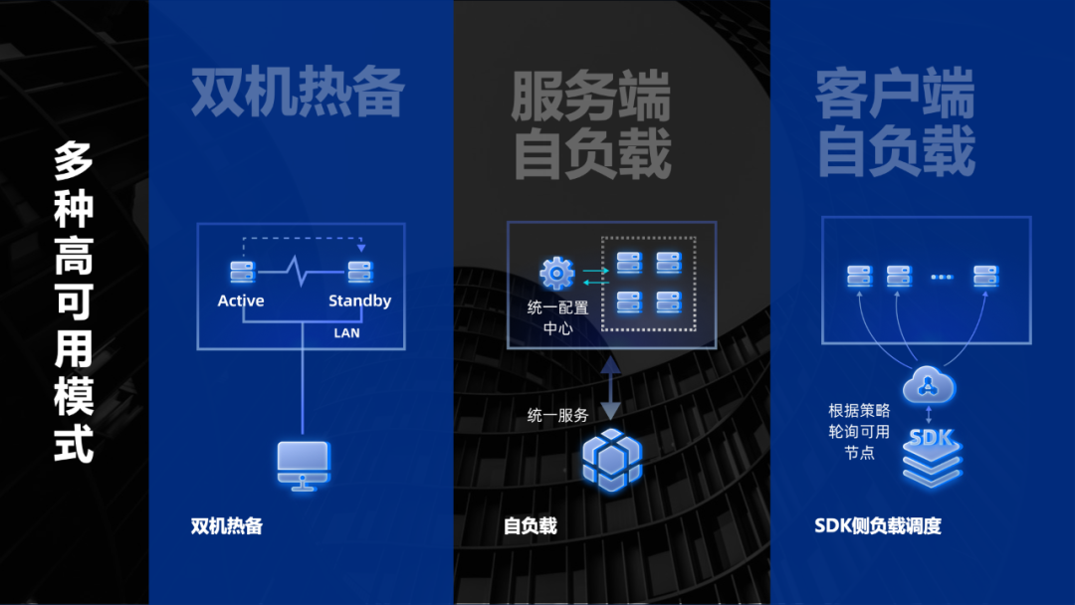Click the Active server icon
pos(243,272)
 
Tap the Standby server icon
pos(360,272)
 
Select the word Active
pos(241,301)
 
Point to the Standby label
pos(360,301)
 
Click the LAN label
pos(347,333)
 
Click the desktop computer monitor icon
pos(303,466)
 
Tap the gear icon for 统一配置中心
pos(556,274)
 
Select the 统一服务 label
pos(558,415)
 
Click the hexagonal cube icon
pos(611,461)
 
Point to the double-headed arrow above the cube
pos(610,388)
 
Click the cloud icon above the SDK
pos(929,385)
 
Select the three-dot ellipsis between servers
pos(942,277)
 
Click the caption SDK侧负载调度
pos(878,525)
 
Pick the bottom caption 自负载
pos(530,525)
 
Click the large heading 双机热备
pos(298,92)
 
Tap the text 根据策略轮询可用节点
pos(859,432)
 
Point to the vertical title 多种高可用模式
pos(74,302)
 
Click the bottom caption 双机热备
pos(227,525)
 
